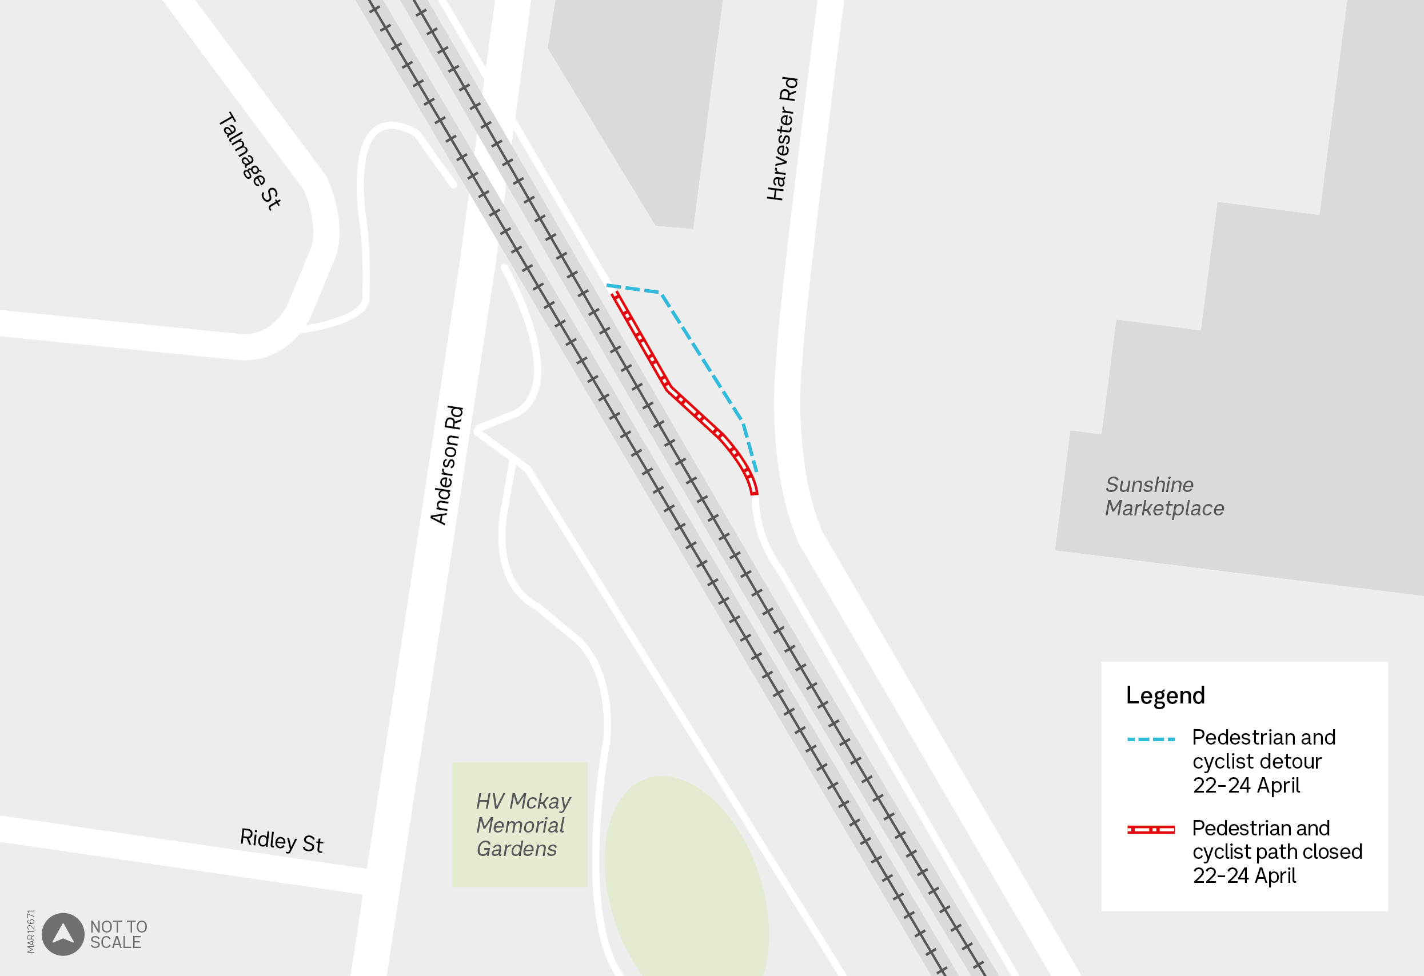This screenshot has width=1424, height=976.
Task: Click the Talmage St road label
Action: (249, 161)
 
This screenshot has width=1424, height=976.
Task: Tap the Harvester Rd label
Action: (783, 138)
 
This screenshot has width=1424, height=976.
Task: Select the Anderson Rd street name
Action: (447, 465)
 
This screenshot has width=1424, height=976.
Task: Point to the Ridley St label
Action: (281, 840)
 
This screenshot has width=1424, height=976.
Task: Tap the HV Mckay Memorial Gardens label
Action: (522, 825)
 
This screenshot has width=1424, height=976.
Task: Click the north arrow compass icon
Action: (62, 934)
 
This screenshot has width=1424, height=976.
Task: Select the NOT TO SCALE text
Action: (118, 934)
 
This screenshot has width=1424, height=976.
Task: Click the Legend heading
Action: (1165, 695)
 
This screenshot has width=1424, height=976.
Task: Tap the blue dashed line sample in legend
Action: (1151, 739)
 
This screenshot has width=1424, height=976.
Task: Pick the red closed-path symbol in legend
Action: (1151, 830)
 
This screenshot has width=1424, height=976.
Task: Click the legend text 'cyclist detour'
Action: (1256, 761)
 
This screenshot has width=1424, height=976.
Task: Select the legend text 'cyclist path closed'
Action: (1277, 851)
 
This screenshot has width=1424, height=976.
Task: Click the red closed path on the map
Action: (668, 387)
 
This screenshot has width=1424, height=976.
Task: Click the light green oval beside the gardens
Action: (686, 876)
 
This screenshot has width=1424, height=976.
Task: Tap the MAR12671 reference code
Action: (31, 931)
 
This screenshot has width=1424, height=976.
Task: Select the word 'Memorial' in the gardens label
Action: (520, 825)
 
